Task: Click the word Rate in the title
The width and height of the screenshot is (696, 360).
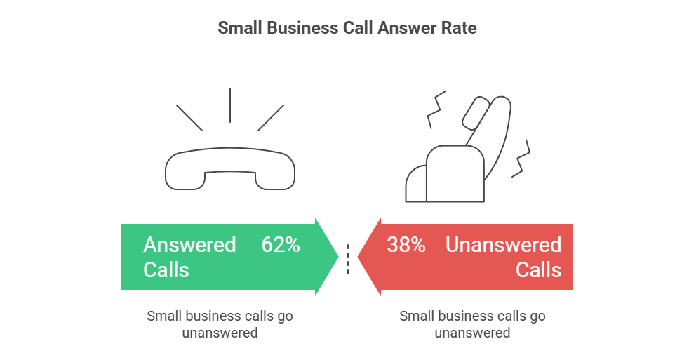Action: pos(459,28)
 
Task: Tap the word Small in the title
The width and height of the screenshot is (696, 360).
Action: pos(240,28)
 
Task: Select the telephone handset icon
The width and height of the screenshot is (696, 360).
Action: pos(230,169)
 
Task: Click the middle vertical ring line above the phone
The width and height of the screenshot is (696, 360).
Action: pos(230,105)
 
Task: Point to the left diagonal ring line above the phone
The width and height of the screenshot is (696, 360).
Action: pos(189,118)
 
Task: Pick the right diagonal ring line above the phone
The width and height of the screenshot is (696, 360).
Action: pos(271,118)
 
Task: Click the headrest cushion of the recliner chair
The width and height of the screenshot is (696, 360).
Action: pos(476,112)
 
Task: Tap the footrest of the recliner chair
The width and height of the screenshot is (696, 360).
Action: pos(416,184)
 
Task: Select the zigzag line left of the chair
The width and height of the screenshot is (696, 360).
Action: pos(436,110)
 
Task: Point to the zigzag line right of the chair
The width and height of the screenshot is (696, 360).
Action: pos(521,159)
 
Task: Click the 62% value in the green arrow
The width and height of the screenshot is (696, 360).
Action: pos(281,245)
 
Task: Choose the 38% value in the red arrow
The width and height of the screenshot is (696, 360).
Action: pos(406,245)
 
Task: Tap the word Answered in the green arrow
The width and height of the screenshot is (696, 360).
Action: pos(189,245)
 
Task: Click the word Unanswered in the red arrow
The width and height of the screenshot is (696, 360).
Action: pos(503,245)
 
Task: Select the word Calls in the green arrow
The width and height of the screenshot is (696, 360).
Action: pos(166,270)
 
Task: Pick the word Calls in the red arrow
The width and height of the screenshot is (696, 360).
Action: pos(538,270)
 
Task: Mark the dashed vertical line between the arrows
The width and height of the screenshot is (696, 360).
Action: pos(348,259)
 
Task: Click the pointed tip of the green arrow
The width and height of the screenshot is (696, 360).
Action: pos(339,257)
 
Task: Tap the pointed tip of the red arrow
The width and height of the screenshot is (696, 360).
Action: pos(358,257)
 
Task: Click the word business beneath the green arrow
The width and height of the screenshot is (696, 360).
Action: pos(207,316)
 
